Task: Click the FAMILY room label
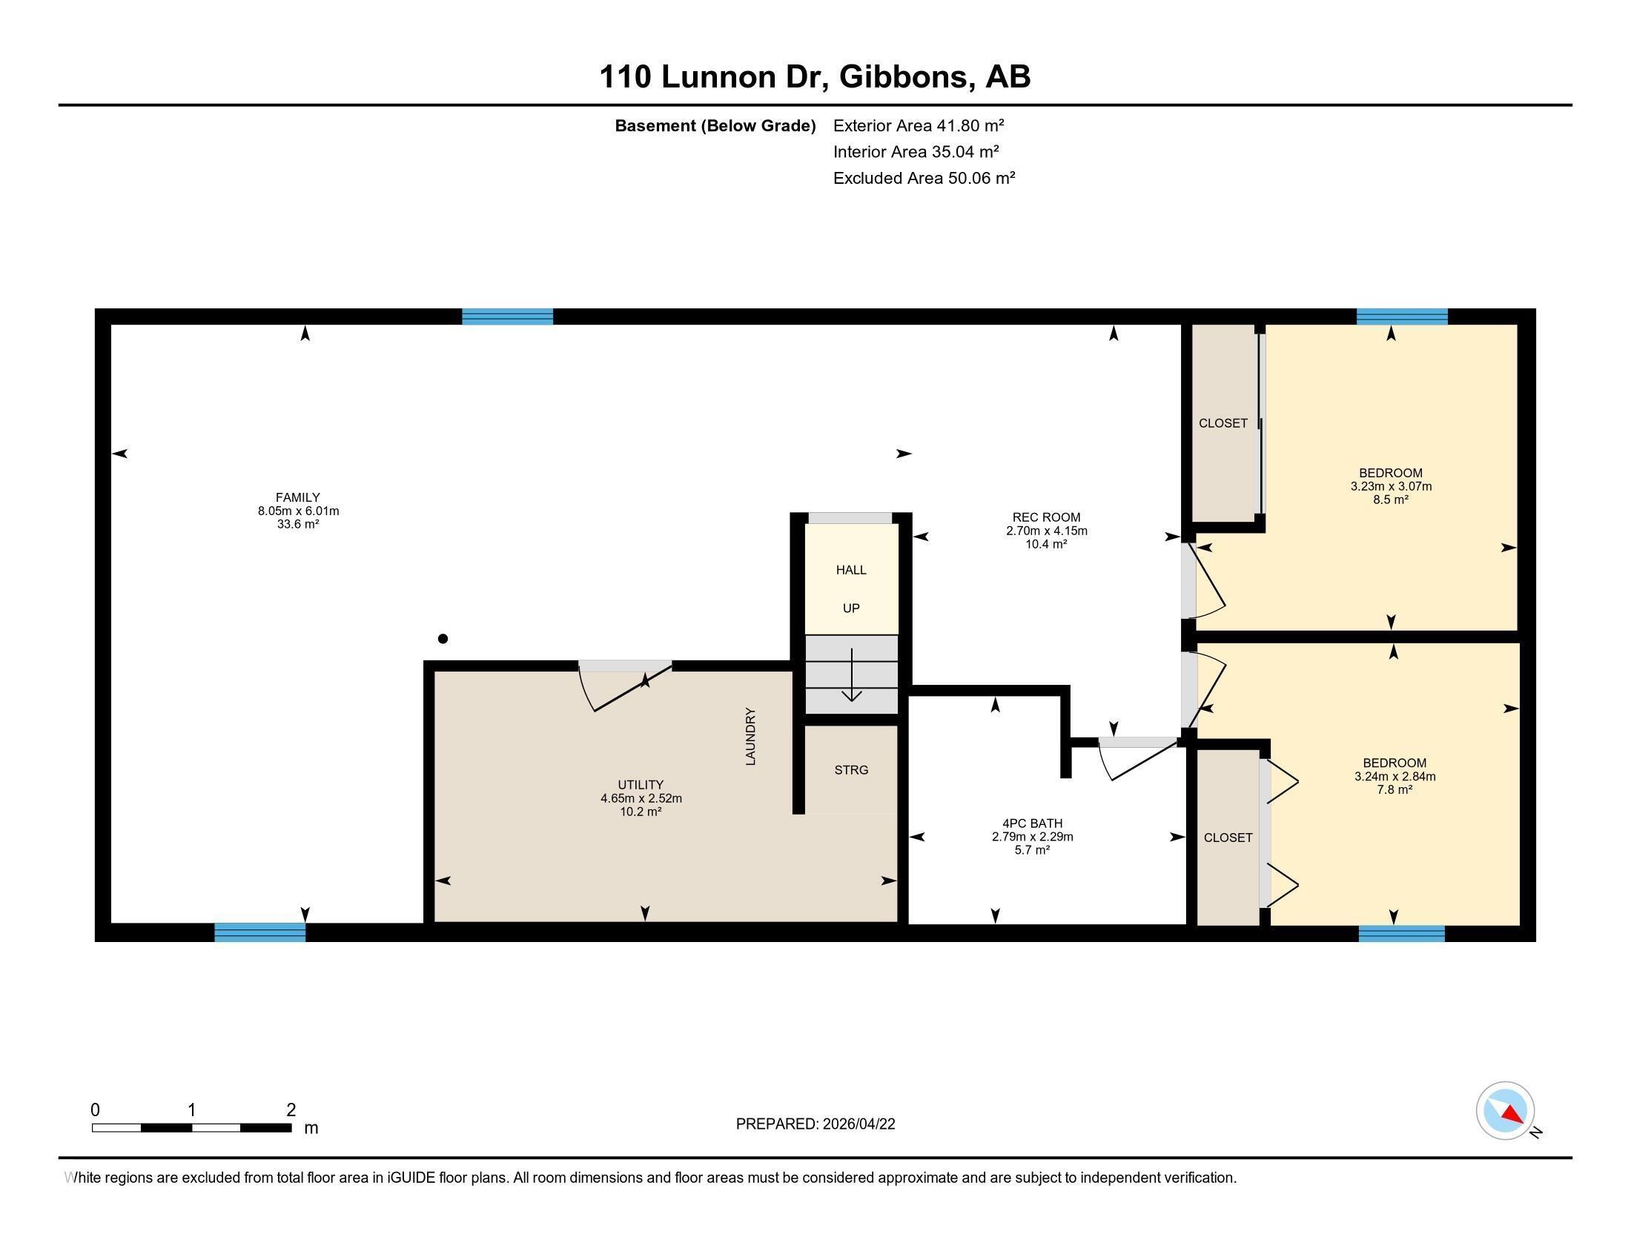pyautogui.click(x=297, y=497)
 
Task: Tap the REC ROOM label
pyautogui.click(x=1045, y=517)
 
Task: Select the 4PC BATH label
pyautogui.click(x=1032, y=823)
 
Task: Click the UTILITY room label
pyautogui.click(x=640, y=784)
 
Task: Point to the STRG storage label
pyautogui.click(x=850, y=769)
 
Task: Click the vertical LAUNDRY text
pyautogui.click(x=750, y=736)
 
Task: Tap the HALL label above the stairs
pyautogui.click(x=850, y=570)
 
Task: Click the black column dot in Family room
pyautogui.click(x=443, y=638)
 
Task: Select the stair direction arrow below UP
pyautogui.click(x=851, y=675)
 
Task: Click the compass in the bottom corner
pyautogui.click(x=1505, y=1110)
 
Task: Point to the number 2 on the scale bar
pyautogui.click(x=291, y=1110)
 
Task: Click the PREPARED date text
pyautogui.click(x=815, y=1124)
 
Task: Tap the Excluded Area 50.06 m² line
pyautogui.click(x=924, y=179)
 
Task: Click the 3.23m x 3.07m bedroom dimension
pyautogui.click(x=1391, y=487)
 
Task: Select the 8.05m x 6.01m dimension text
pyautogui.click(x=298, y=511)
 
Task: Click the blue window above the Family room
pyautogui.click(x=507, y=316)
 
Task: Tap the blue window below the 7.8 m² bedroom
pyautogui.click(x=1401, y=933)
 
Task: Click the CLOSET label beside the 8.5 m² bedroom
pyautogui.click(x=1223, y=423)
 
